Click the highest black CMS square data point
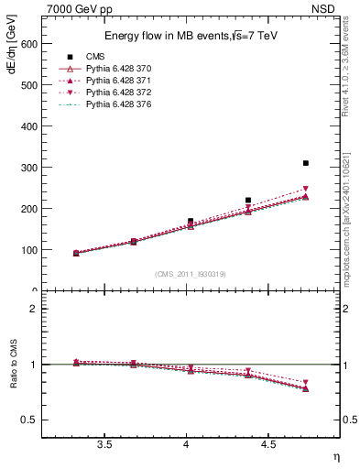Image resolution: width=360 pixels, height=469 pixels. (x=306, y=163)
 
